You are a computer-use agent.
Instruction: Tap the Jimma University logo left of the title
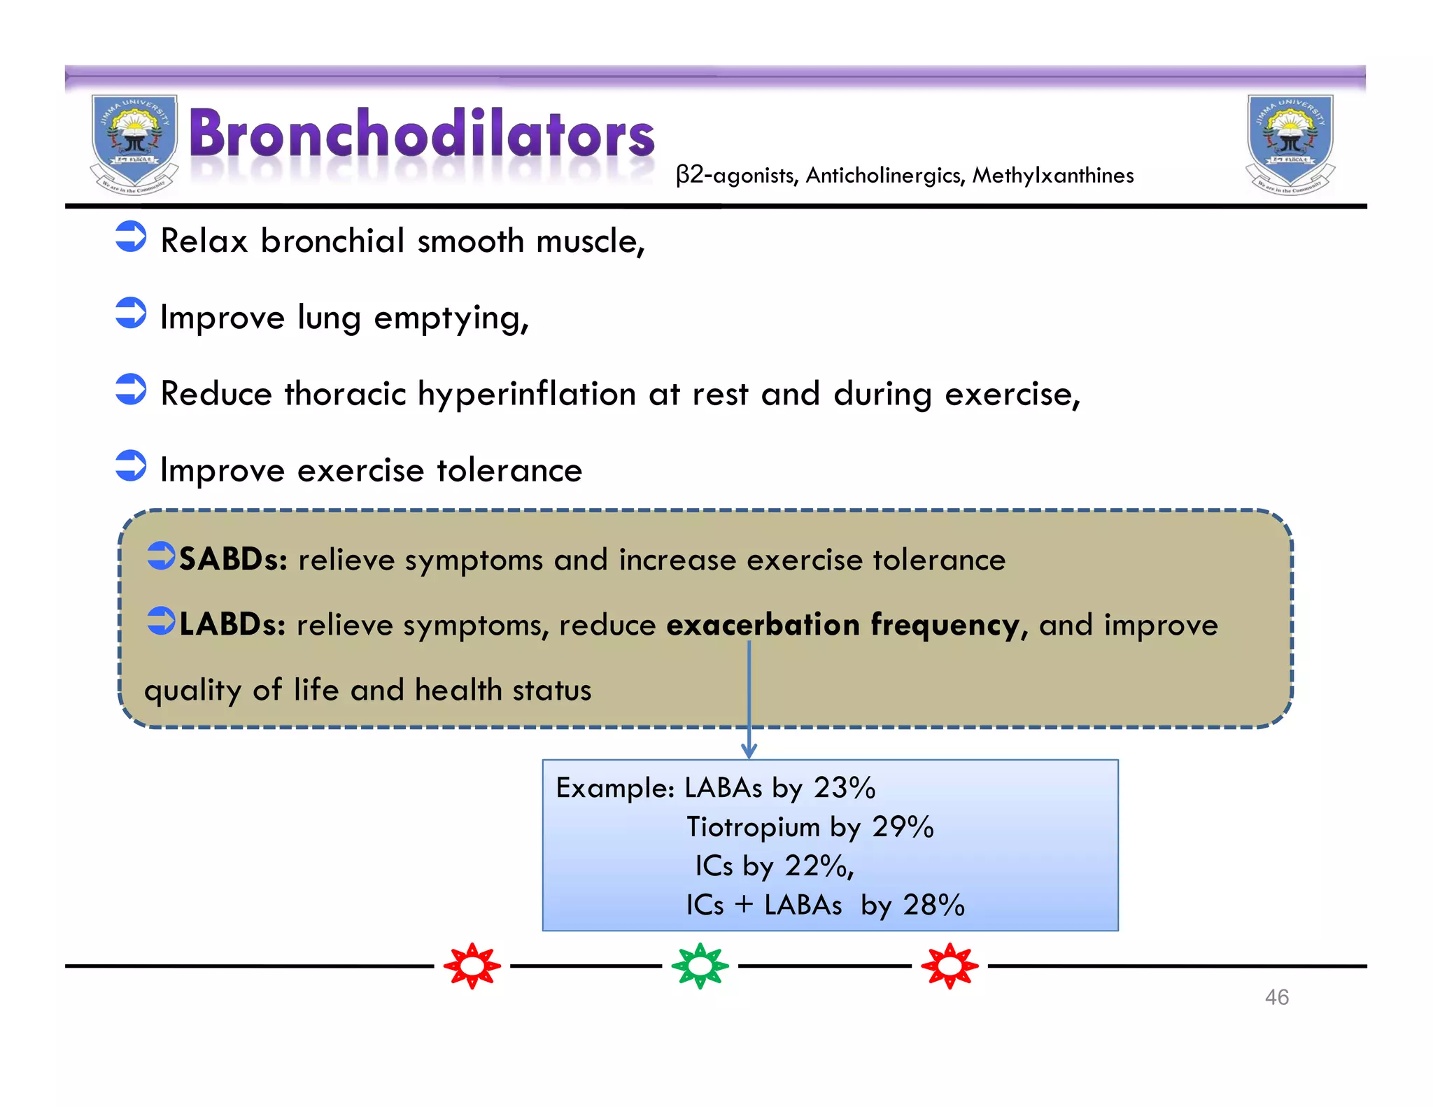(x=134, y=144)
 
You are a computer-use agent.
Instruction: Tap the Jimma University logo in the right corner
(x=1290, y=144)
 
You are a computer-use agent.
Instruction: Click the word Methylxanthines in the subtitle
(x=1052, y=175)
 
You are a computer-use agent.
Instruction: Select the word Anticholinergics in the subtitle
(x=884, y=175)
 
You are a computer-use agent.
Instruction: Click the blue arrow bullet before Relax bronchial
(x=131, y=237)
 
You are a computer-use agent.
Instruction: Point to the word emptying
(x=451, y=319)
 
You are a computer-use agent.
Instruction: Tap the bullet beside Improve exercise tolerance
(x=131, y=466)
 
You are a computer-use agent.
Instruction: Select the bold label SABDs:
(x=233, y=560)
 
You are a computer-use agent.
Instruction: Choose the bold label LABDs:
(x=232, y=624)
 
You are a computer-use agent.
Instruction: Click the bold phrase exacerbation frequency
(x=842, y=624)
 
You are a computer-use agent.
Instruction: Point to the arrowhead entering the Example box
(x=749, y=752)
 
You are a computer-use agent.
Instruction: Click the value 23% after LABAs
(x=845, y=789)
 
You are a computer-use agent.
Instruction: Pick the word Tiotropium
(x=753, y=827)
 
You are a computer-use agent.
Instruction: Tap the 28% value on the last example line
(x=933, y=905)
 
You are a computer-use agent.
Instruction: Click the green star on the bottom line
(x=700, y=966)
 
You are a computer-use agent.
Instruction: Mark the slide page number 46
(x=1276, y=997)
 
